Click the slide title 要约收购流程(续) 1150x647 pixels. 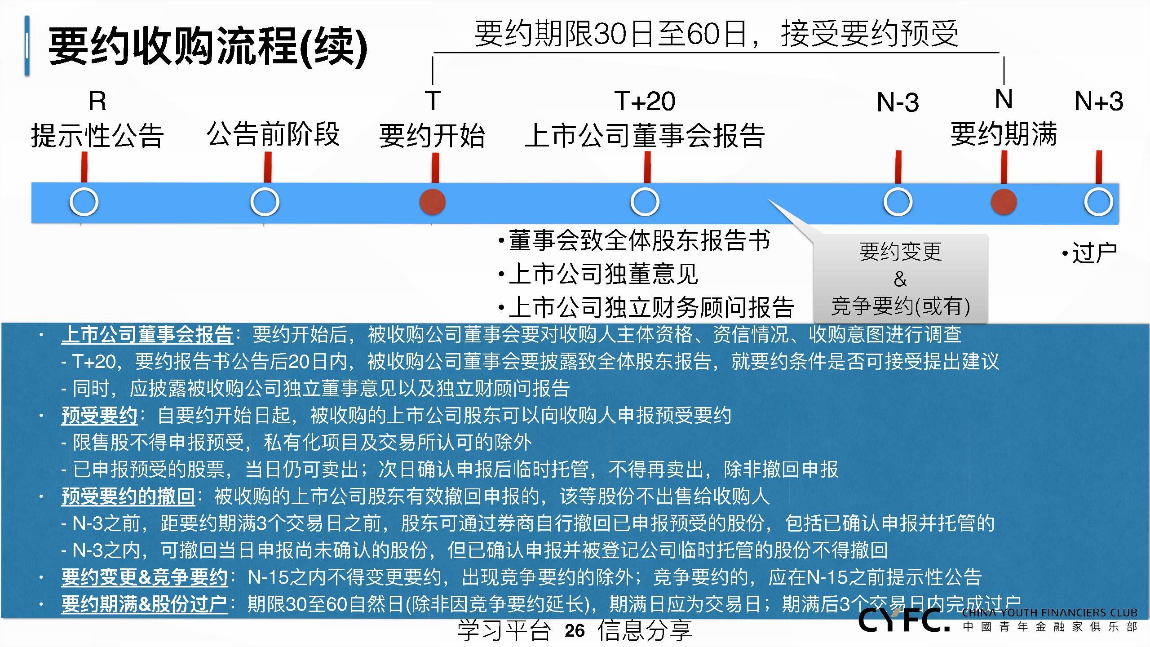coord(208,46)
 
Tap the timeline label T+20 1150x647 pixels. coord(645,101)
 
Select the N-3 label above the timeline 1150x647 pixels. coord(898,102)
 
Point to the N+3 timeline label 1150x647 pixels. coord(1098,101)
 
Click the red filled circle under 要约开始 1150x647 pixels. coord(432,202)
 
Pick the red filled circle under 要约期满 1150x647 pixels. coord(1004,202)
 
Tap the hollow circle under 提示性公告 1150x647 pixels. coord(84,202)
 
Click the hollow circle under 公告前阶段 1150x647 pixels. coord(265,202)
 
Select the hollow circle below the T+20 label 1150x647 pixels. coord(645,202)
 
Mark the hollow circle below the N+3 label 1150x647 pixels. coord(1098,202)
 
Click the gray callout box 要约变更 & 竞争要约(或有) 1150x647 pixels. coord(900,279)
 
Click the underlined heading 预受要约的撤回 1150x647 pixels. coord(128,496)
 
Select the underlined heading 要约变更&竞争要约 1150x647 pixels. coord(144,577)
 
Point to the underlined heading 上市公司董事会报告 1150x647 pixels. coord(147,334)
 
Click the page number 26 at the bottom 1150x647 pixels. coord(575,631)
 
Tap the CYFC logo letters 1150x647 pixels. coord(904,620)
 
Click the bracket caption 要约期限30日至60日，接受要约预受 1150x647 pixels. coord(717,34)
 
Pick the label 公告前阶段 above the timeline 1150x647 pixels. coord(273,134)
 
